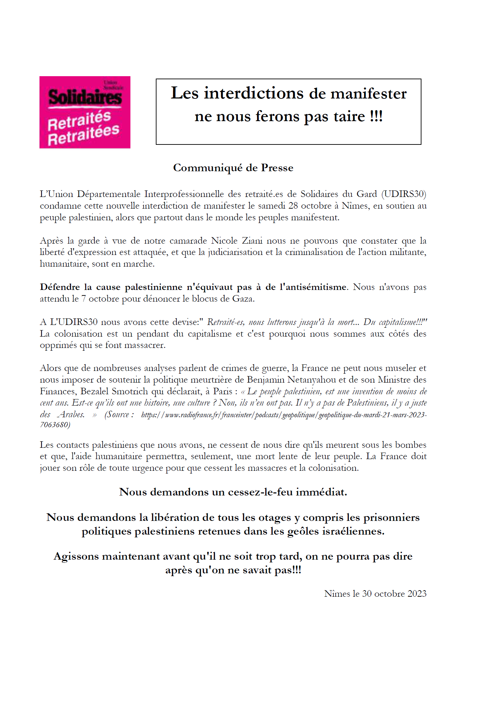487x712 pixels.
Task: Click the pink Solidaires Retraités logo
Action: click(85, 112)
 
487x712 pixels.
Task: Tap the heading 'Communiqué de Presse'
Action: click(233, 168)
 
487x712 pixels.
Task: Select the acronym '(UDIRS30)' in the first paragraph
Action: click(404, 194)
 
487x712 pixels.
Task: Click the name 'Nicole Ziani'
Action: click(236, 241)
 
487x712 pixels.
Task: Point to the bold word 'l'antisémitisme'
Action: click(313, 287)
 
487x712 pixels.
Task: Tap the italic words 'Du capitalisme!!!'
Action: click(395, 322)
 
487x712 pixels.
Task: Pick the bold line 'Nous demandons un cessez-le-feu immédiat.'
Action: click(233, 492)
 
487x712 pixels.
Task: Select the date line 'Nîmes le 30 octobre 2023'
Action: click(375, 594)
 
